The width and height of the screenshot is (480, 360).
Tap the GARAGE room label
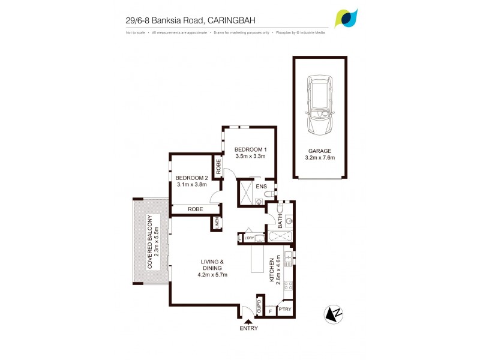click(319, 151)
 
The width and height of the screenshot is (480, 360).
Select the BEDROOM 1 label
click(250, 149)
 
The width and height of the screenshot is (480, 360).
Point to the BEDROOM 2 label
click(191, 178)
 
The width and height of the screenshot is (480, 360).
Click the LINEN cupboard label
click(215, 224)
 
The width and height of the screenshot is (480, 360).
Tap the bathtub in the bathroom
click(278, 238)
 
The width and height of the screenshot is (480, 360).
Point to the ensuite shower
click(247, 191)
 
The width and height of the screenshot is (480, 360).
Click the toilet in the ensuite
click(269, 195)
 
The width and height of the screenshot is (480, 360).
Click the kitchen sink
click(288, 259)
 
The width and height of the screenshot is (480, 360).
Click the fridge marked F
click(271, 311)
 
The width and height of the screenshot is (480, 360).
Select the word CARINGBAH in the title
click(232, 20)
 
